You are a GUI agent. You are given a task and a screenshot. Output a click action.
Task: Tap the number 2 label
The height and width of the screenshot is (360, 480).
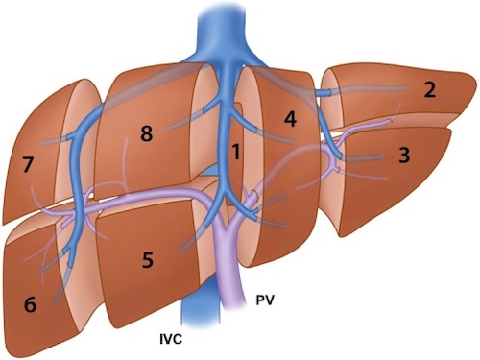pyautogui.click(x=429, y=91)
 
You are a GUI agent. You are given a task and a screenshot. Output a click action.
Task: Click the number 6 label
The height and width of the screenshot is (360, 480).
pyautogui.click(x=30, y=306)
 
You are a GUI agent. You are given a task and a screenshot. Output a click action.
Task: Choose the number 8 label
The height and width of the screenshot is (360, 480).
pyautogui.click(x=146, y=134)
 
